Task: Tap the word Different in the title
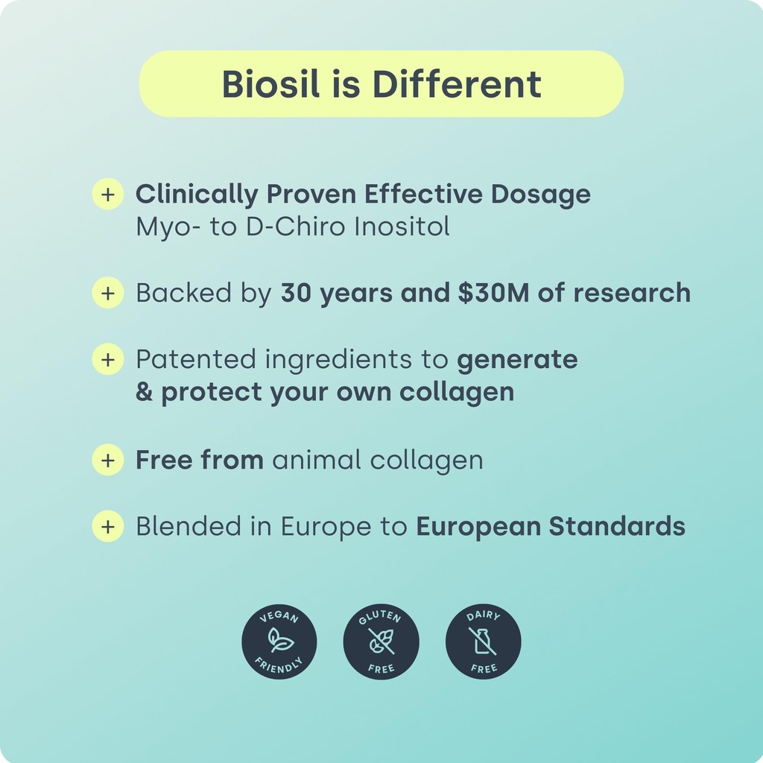click(x=457, y=84)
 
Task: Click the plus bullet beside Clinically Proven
click(x=107, y=194)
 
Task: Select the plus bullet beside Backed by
click(x=107, y=293)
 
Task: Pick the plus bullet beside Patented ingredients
click(x=107, y=359)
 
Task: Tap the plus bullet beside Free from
click(x=107, y=460)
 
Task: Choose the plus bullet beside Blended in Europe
click(x=107, y=526)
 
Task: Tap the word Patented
click(x=197, y=359)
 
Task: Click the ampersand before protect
click(x=144, y=392)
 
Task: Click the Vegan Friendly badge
click(x=279, y=642)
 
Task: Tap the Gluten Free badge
click(x=381, y=642)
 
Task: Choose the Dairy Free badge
click(x=483, y=642)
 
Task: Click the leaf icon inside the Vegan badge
click(x=280, y=640)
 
